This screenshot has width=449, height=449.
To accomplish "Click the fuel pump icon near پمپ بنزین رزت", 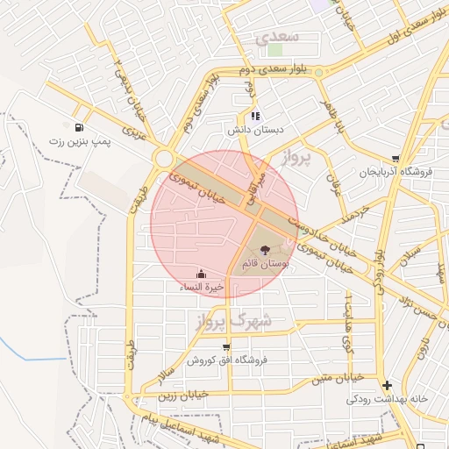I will point(81,127).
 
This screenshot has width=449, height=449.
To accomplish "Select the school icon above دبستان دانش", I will point(254,116).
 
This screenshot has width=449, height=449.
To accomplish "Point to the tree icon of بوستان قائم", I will point(266,250).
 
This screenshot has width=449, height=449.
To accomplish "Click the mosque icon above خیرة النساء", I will point(202,274).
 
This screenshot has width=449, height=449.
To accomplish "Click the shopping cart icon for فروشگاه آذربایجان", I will point(396,159).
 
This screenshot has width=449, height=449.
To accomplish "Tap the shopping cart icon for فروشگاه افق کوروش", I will point(226,346).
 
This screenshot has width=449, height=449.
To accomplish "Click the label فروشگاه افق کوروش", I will point(226,360).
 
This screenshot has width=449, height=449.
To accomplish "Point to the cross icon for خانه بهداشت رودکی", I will point(388,384).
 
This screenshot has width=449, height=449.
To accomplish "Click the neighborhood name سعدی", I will point(279,39).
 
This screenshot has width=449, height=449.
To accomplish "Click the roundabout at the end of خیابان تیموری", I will point(163,159).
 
